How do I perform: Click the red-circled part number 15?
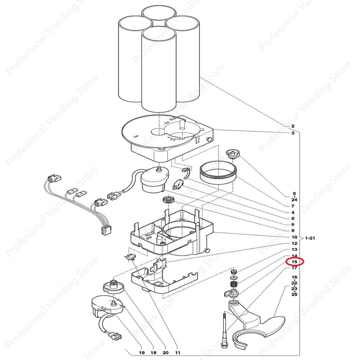[294, 262]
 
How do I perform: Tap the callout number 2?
[293, 126]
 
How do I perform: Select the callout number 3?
[293, 133]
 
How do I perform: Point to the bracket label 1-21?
[310, 238]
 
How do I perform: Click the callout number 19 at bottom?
[142, 352]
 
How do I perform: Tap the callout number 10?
[294, 237]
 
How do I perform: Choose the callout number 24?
[294, 200]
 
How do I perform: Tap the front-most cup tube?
[159, 69]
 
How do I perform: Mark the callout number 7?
[293, 206]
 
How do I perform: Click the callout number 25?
[294, 294]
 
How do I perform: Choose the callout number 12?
[294, 243]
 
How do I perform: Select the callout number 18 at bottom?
[153, 352]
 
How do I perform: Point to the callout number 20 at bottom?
[165, 352]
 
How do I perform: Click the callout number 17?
[294, 268]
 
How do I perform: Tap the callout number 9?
[293, 231]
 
